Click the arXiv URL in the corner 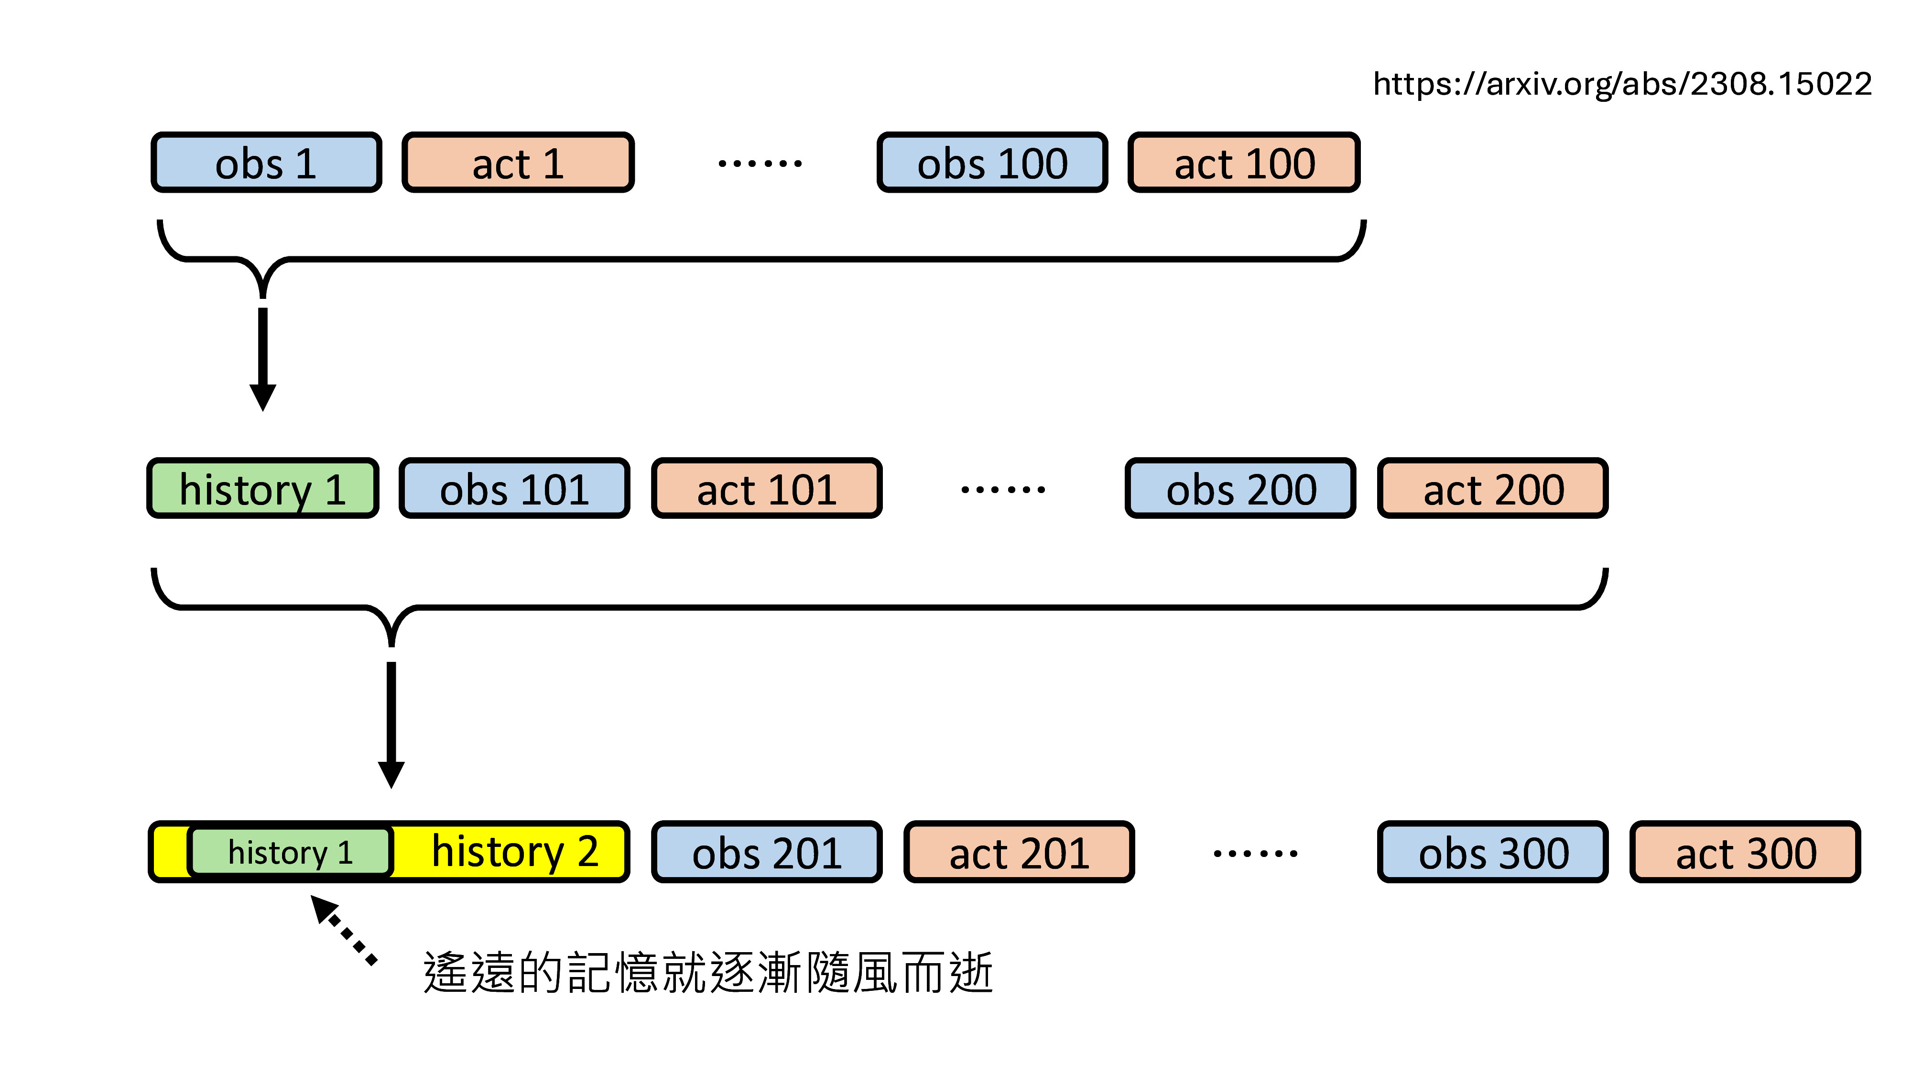(x=1622, y=84)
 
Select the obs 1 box (x=266, y=163)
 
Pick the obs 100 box (x=992, y=163)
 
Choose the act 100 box (x=1243, y=163)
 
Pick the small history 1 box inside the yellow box (x=290, y=851)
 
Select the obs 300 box (x=1493, y=852)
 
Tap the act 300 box (x=1745, y=852)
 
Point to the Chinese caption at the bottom (x=707, y=972)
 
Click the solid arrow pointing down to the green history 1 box (x=263, y=356)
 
